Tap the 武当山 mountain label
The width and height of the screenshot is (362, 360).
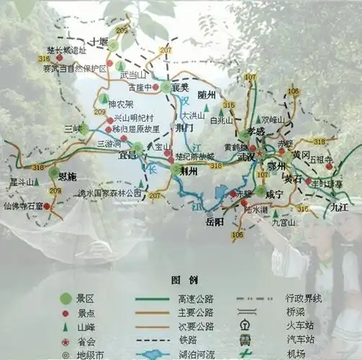132,74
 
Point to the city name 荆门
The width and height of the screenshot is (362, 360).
184,127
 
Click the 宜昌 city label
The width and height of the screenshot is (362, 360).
128,154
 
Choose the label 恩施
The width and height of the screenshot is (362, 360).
68,176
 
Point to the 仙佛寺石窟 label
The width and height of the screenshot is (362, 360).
22,206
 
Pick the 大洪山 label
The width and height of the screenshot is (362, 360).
193,115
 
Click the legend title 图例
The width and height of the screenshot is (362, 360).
180,279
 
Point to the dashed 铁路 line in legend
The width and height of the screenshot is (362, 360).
148,341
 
